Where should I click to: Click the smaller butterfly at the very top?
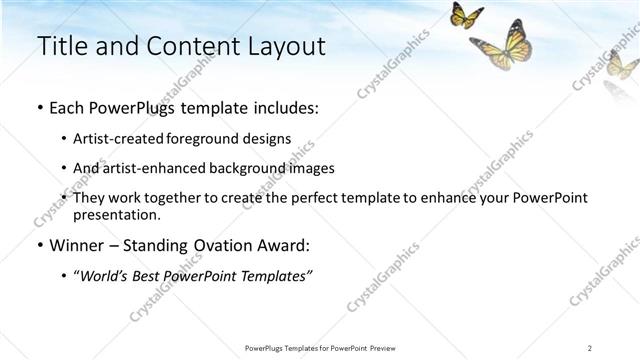click(466, 15)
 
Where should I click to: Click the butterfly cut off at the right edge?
click(625, 65)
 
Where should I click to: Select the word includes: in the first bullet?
click(284, 107)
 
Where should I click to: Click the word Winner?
click(72, 245)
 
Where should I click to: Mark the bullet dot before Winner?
click(39, 245)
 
